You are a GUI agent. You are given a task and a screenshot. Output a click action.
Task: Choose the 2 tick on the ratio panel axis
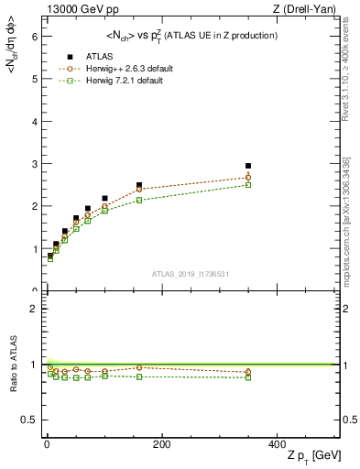coord(34,309)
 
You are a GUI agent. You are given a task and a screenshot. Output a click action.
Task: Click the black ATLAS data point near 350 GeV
coord(247,166)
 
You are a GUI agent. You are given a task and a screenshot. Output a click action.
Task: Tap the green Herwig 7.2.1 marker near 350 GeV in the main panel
coord(247,185)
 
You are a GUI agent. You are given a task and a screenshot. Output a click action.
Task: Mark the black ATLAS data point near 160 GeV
coord(139,185)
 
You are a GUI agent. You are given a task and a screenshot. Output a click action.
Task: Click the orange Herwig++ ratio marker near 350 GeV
coord(247,372)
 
